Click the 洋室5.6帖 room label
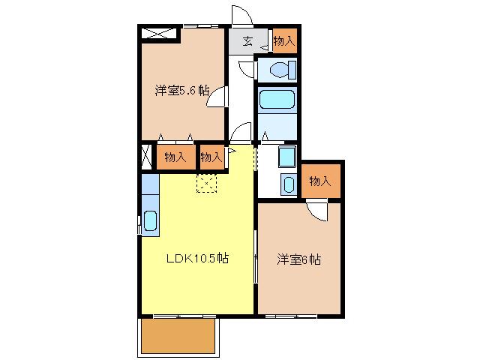click(182, 91)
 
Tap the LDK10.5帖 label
click(197, 258)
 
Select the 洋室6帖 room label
click(298, 259)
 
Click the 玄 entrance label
click(247, 41)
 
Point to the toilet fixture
click(283, 70)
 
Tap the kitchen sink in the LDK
click(150, 220)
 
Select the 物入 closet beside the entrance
click(285, 41)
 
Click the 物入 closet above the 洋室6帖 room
click(320, 181)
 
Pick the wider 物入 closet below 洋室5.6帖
click(176, 157)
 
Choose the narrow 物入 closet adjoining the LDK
click(211, 157)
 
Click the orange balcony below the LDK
click(178, 336)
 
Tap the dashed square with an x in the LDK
click(207, 183)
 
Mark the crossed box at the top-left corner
click(159, 33)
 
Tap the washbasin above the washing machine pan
click(287, 157)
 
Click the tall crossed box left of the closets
click(147, 157)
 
